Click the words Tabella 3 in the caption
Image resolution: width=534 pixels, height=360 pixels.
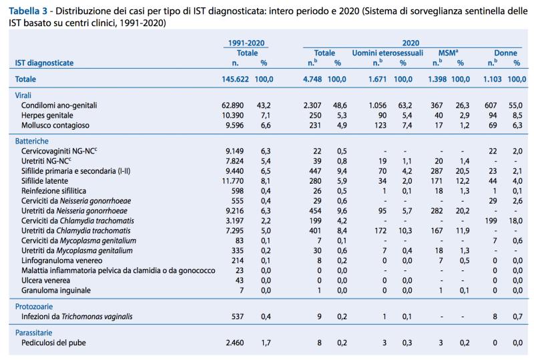coord(28,11)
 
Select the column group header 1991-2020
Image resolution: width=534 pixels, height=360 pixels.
coord(246,43)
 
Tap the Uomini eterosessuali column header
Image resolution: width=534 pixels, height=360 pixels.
coord(387,53)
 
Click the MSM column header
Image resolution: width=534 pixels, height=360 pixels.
coord(448,53)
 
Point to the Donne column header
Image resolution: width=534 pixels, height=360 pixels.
coord(505,53)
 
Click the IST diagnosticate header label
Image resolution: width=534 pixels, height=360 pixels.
coord(44,63)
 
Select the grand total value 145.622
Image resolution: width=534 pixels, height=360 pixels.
coord(235,79)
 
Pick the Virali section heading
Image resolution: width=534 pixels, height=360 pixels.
coord(23,96)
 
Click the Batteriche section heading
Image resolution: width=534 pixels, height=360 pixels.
coord(31,141)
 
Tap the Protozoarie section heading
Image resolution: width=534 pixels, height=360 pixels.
coord(34,307)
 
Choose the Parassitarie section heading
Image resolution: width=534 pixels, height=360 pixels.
coord(34,333)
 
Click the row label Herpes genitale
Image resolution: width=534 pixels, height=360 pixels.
coord(47,116)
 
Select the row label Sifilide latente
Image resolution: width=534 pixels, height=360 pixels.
coord(45,181)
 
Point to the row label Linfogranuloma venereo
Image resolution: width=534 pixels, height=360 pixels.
coord(61,260)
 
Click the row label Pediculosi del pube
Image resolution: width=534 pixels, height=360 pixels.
coord(53,343)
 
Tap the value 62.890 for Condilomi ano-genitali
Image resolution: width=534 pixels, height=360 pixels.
coord(232,106)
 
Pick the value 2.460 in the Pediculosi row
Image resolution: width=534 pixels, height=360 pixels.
coord(235,343)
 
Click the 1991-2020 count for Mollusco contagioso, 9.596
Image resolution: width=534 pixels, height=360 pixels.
coord(235,126)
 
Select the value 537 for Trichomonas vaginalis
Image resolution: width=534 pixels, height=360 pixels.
coord(238,317)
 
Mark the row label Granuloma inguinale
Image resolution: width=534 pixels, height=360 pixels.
coord(56,291)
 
